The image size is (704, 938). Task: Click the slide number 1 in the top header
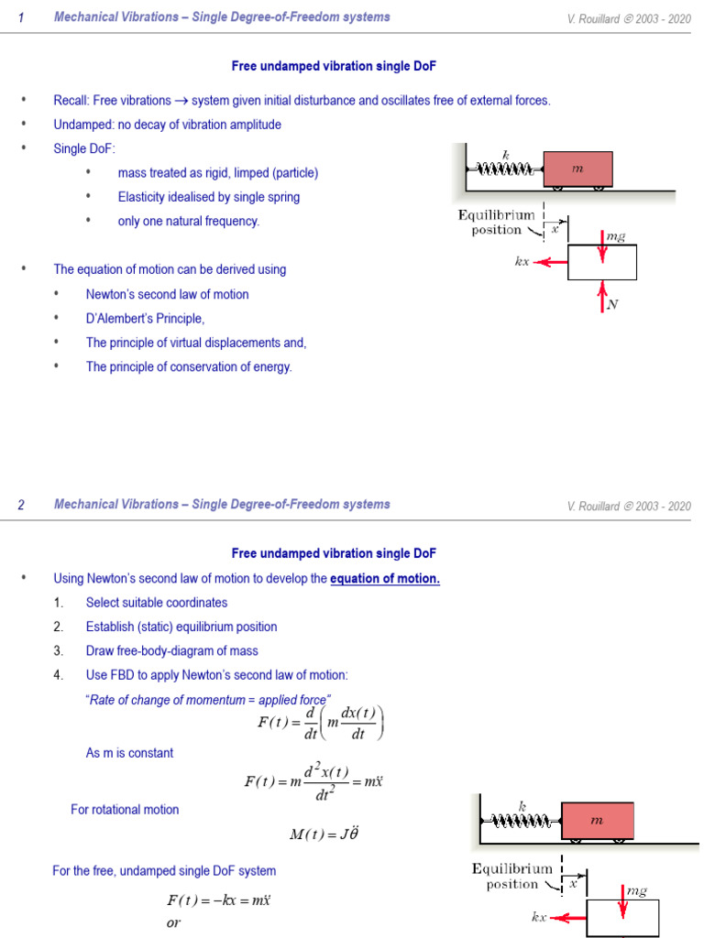tap(21, 18)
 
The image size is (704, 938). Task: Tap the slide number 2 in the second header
tap(21, 506)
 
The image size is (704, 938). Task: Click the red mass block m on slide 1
tap(577, 169)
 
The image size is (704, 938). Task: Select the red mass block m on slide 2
tap(597, 821)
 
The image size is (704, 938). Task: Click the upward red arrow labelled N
tap(602, 297)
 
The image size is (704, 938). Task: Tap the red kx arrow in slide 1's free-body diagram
tap(551, 261)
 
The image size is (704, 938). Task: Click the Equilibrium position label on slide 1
tap(497, 223)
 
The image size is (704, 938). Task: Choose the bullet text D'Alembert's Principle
tap(145, 319)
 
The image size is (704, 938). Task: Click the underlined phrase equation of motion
tap(385, 579)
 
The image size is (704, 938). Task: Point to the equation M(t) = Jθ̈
tap(321, 834)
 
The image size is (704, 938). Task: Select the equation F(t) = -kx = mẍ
tap(218, 900)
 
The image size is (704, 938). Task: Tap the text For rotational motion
tap(125, 810)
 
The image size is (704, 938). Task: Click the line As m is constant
tap(129, 753)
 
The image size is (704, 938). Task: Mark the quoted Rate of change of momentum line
tap(207, 700)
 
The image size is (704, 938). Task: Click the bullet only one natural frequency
tap(188, 222)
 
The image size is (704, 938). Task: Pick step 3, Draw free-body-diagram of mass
tap(171, 651)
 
